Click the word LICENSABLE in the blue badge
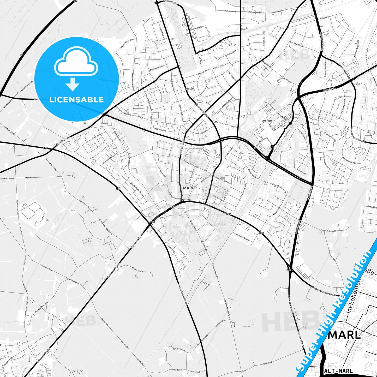76,100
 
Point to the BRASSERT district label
189,89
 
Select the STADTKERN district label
267,121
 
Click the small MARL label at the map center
189,188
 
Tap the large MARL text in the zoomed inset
344,335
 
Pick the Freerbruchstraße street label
328,230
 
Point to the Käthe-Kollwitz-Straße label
136,189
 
